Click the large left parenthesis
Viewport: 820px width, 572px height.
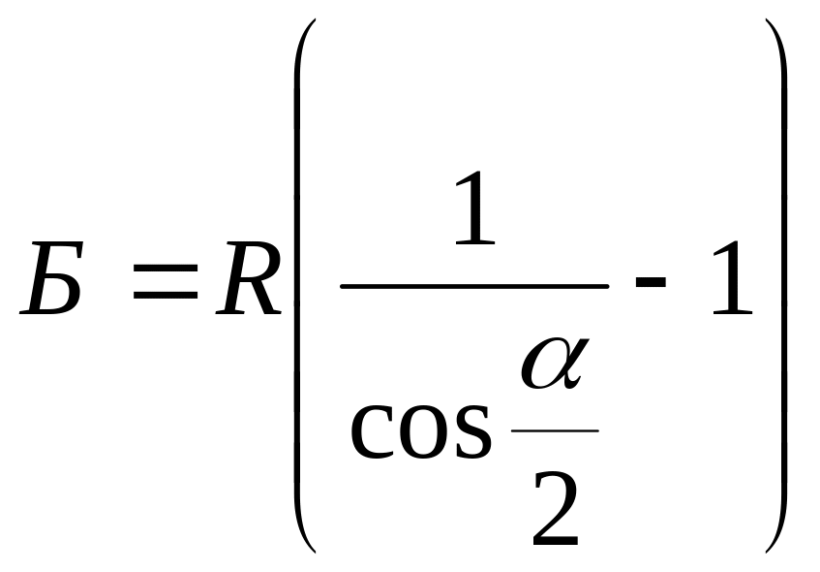(301, 286)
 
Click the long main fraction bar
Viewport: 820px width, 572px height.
(475, 285)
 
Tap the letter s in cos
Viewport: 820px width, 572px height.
(471, 432)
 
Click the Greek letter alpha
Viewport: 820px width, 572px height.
(553, 364)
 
